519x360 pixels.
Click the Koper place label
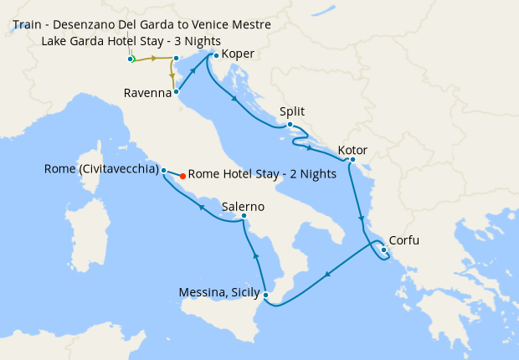click(239, 55)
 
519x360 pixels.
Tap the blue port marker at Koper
click(216, 55)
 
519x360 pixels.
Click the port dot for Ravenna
click(176, 92)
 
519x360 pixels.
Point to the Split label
click(293, 111)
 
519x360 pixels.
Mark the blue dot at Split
click(290, 126)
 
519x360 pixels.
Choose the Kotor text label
click(352, 152)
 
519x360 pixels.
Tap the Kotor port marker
click(352, 160)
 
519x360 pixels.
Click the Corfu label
click(404, 241)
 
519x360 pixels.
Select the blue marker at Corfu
click(383, 249)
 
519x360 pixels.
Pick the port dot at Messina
click(265, 295)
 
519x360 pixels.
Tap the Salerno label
click(244, 206)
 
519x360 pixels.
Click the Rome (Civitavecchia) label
click(101, 169)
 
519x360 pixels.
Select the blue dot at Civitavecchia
click(163, 169)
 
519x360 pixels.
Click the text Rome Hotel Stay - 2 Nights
click(262, 175)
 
